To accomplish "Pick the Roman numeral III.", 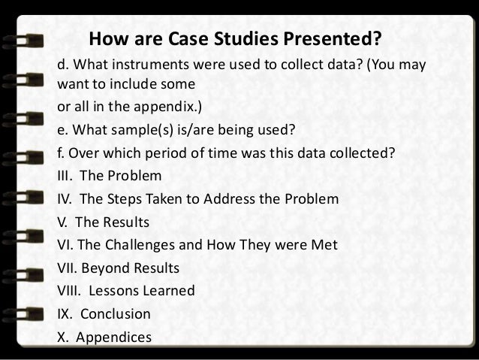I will (x=66, y=177).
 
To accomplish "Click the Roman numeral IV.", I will (x=65, y=200).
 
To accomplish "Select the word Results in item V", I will (x=125, y=222).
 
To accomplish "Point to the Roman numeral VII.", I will (x=69, y=268).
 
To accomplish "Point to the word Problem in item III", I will (x=137, y=177).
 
